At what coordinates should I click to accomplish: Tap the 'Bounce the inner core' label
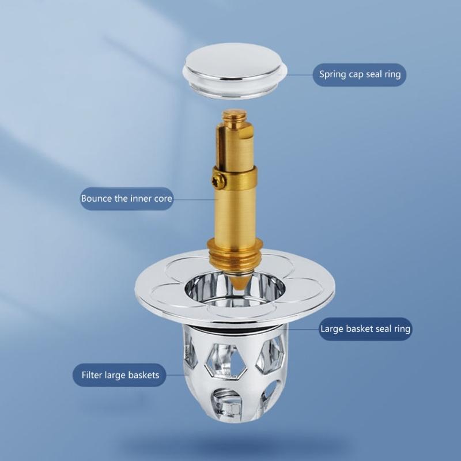tap(126, 198)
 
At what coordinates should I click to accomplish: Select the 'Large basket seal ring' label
tap(365, 330)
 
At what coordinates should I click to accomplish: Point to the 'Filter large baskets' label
tap(120, 375)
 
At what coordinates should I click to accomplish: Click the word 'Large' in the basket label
tap(332, 330)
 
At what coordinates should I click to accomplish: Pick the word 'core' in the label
tap(162, 198)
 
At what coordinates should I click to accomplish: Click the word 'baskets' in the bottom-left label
tap(144, 375)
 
